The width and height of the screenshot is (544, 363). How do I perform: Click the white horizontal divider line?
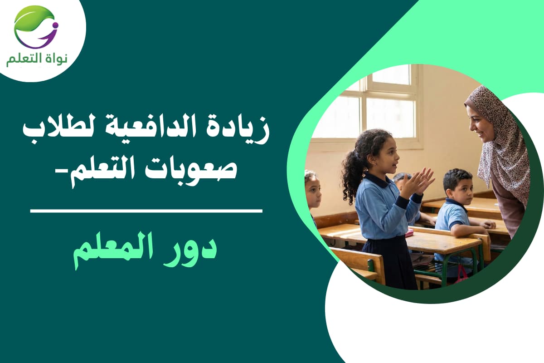pyautogui.click(x=146, y=211)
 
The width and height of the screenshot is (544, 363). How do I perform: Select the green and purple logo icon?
pyautogui.click(x=36, y=27)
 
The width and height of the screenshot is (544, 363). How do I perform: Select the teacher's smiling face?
pyautogui.click(x=480, y=123)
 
